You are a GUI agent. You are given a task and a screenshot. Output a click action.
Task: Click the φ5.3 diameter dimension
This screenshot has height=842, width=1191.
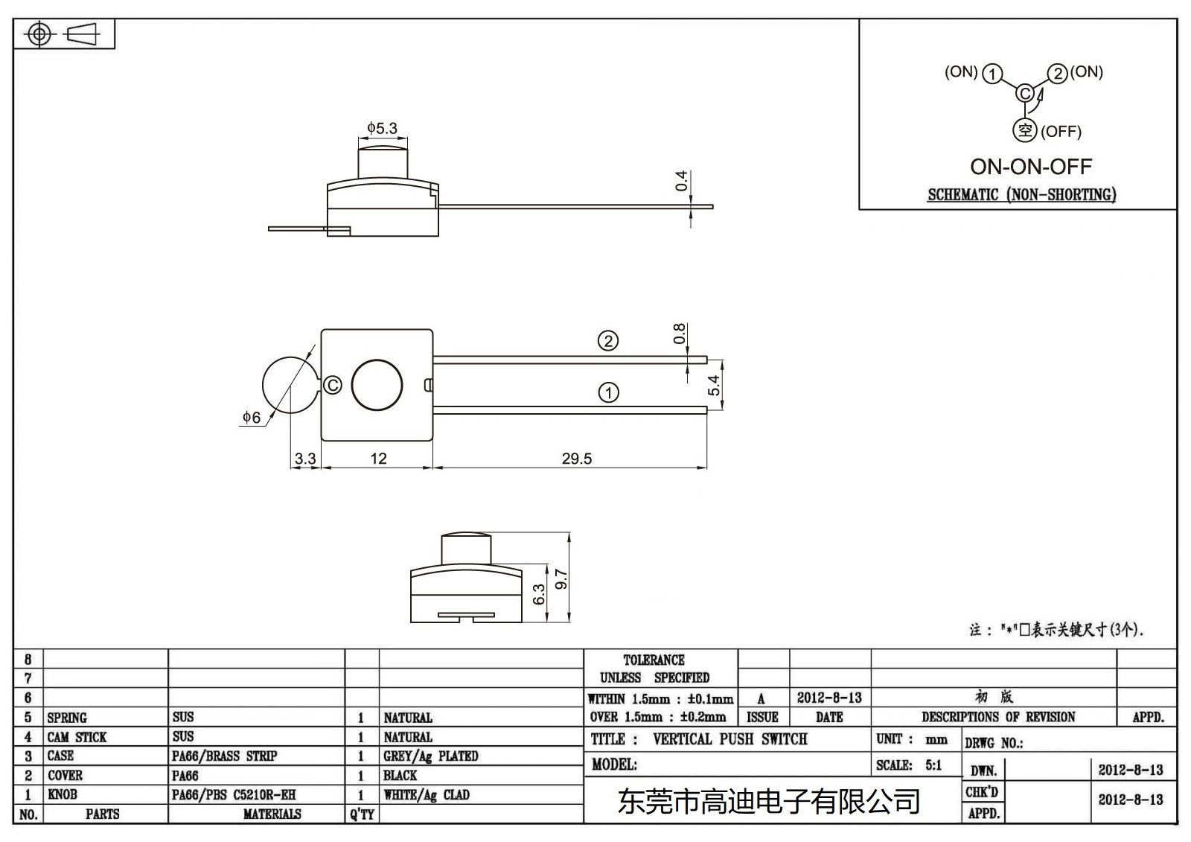pyautogui.click(x=383, y=128)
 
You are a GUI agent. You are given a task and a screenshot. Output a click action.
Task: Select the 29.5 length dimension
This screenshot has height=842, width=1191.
pyautogui.click(x=577, y=459)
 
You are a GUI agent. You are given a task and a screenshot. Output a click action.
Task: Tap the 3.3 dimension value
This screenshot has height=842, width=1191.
pyautogui.click(x=305, y=459)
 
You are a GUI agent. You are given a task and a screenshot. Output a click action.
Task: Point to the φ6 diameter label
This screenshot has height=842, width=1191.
pyautogui.click(x=252, y=418)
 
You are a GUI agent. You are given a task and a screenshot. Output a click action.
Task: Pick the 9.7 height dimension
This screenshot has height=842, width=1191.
pyautogui.click(x=562, y=578)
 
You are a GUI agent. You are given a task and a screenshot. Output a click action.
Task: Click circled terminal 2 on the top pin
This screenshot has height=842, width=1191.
pyautogui.click(x=608, y=341)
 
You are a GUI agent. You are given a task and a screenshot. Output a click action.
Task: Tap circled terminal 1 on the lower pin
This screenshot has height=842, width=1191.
pyautogui.click(x=608, y=392)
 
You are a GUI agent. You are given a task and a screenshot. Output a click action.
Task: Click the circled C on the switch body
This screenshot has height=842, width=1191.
pyautogui.click(x=333, y=385)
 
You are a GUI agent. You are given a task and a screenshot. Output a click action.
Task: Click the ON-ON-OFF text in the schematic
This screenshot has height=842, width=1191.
pyautogui.click(x=1030, y=167)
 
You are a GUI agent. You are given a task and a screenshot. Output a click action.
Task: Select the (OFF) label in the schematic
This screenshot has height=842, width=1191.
pyautogui.click(x=1060, y=132)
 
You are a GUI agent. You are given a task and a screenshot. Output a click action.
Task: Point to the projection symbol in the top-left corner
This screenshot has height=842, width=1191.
pyautogui.click(x=64, y=34)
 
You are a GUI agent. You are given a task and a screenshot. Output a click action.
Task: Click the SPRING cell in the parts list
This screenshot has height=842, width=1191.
pyautogui.click(x=67, y=718)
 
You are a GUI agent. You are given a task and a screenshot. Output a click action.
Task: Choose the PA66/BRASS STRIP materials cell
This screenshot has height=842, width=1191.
pyautogui.click(x=224, y=756)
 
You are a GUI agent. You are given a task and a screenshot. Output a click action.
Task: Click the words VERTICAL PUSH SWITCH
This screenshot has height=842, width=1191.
pyautogui.click(x=729, y=739)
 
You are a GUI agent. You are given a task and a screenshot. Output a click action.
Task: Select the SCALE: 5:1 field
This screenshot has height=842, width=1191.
pyautogui.click(x=909, y=765)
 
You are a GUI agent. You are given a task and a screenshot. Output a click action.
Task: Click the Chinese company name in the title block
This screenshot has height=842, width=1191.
pyautogui.click(x=769, y=802)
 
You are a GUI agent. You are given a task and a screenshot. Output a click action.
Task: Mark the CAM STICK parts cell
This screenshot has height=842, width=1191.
pyautogui.click(x=77, y=737)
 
